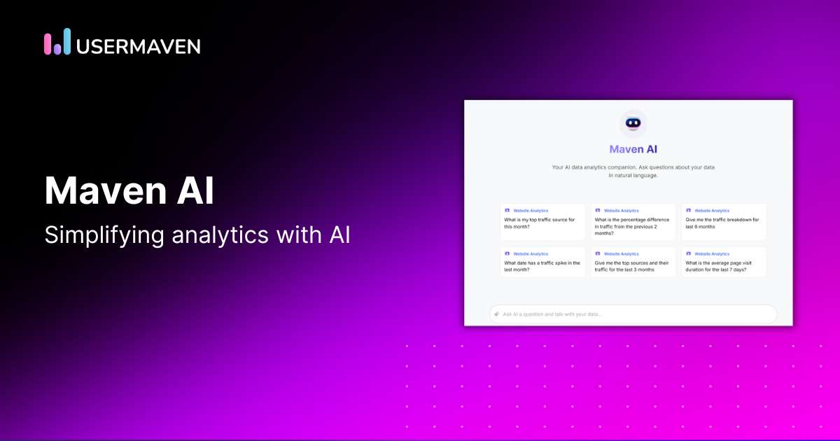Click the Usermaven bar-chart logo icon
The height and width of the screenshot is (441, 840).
[57, 41]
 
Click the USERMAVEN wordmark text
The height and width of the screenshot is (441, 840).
[139, 46]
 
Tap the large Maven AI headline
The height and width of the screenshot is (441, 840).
[129, 190]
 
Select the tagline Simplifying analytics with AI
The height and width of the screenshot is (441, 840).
[197, 236]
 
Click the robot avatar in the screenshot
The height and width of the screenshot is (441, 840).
[633, 124]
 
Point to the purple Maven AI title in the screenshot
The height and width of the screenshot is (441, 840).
[633, 149]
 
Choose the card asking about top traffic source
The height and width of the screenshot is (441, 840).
[542, 222]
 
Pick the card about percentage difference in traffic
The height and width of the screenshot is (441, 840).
[633, 222]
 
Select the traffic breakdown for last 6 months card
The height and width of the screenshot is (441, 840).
[724, 222]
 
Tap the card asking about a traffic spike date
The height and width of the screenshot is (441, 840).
[542, 262]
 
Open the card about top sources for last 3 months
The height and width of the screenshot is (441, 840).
[633, 262]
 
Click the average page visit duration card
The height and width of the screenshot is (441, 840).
[724, 262]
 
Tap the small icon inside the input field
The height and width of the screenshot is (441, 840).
[496, 314]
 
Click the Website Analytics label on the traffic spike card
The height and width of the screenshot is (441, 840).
[530, 254]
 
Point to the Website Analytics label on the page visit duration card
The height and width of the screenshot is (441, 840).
[712, 254]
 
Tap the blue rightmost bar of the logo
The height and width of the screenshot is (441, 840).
[66, 41]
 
